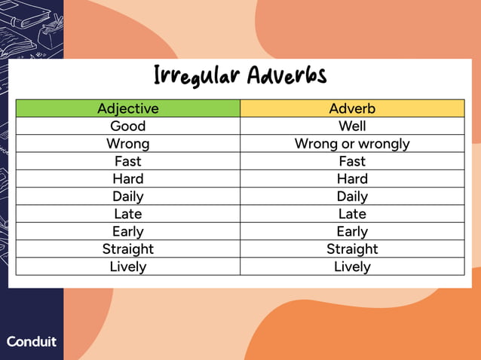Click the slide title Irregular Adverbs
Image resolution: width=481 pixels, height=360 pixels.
tap(240, 76)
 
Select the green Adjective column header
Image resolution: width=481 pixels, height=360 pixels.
tap(128, 108)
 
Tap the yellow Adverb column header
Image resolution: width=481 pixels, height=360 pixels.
tap(352, 108)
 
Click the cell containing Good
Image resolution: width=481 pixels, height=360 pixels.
tap(128, 126)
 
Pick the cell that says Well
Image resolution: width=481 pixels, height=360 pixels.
tap(352, 126)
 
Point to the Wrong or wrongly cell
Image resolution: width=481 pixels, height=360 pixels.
tap(352, 143)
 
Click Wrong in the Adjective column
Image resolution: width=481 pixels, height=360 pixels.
tap(128, 143)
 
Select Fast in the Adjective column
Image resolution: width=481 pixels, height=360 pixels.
tap(128, 161)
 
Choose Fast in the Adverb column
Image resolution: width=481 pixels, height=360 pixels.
tap(352, 161)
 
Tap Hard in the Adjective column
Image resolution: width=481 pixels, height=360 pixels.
tap(128, 178)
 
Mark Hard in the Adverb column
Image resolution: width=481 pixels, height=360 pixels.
tap(352, 178)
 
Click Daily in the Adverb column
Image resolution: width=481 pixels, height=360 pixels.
tap(352, 196)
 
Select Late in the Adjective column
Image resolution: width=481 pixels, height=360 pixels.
tap(128, 214)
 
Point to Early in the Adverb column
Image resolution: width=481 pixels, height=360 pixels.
tap(352, 231)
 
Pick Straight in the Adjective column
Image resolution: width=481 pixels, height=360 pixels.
tap(128, 249)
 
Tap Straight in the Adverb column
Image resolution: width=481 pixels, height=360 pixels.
tap(352, 249)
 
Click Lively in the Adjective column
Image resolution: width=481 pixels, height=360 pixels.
tap(128, 267)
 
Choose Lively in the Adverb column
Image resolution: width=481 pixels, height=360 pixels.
tap(352, 267)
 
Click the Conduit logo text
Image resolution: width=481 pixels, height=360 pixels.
tap(32, 341)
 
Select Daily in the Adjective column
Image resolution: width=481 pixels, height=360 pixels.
tap(128, 196)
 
